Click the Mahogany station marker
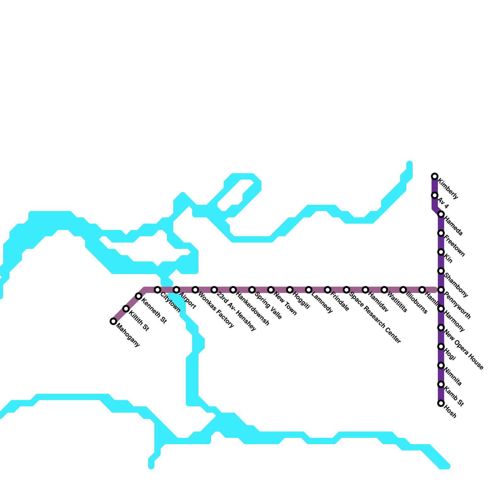point(113,321)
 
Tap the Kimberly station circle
point(435,176)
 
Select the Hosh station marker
point(441,403)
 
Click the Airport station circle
point(176,290)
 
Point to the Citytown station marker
point(157,290)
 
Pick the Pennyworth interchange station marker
point(441,290)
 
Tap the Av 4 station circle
point(435,195)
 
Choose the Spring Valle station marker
point(252,290)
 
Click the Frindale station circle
point(328,290)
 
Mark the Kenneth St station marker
point(139,296)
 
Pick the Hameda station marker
point(441,214)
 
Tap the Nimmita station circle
point(441,365)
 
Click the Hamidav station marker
point(365,290)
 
